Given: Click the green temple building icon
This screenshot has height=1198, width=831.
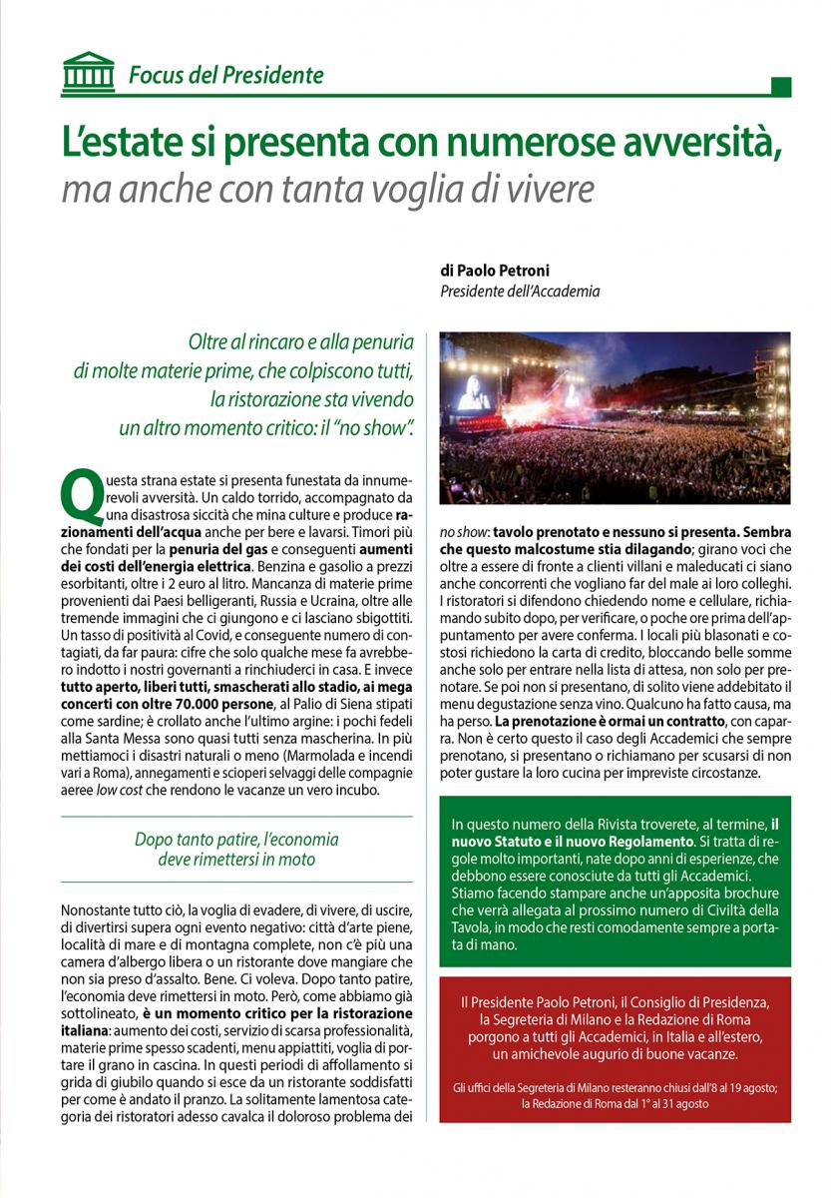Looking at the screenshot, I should (x=88, y=72).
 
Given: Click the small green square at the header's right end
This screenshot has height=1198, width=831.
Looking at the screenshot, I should (x=781, y=87).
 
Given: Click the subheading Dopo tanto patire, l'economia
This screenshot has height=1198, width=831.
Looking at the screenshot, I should (x=236, y=839).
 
